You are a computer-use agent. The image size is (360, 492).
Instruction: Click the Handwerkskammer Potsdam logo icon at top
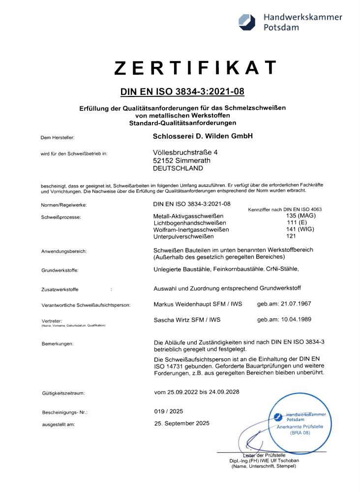click(247, 21)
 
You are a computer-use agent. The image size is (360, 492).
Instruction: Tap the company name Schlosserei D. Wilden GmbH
click(203, 136)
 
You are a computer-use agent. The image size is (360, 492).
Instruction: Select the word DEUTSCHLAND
click(178, 168)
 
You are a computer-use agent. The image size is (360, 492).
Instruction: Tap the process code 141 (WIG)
click(300, 229)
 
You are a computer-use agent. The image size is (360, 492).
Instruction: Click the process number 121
click(291, 236)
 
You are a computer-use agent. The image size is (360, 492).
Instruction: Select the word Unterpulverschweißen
click(185, 236)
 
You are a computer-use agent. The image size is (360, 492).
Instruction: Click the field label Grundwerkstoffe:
click(60, 270)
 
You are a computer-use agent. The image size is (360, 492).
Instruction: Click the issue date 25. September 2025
click(181, 423)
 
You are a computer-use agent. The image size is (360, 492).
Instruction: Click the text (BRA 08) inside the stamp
click(300, 433)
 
